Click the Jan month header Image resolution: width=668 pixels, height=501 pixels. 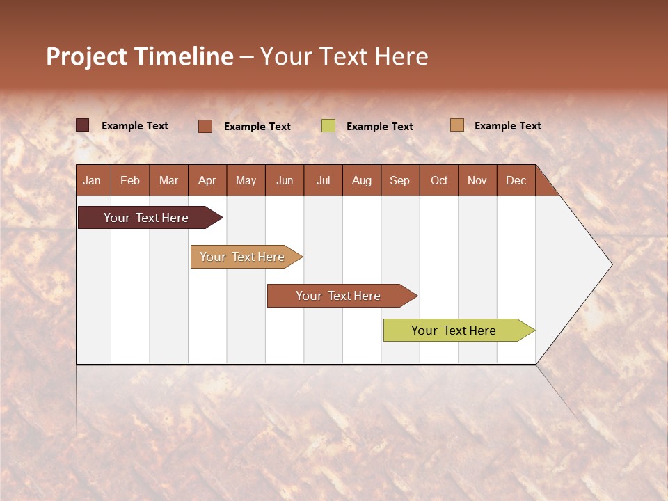click(93, 181)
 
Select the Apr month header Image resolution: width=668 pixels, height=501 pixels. click(207, 181)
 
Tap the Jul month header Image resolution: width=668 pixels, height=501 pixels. click(324, 181)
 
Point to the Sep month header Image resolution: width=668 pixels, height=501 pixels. click(400, 181)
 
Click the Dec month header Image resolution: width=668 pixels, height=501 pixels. click(516, 181)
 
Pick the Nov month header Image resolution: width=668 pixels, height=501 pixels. click(477, 181)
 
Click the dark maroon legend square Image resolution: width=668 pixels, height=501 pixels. click(83, 125)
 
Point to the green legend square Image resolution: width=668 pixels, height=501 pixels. click(328, 126)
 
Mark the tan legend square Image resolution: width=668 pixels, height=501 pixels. click(457, 125)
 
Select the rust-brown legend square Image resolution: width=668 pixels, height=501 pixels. click(205, 126)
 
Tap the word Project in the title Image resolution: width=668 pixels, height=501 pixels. click(87, 56)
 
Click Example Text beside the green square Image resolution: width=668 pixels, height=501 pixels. click(379, 127)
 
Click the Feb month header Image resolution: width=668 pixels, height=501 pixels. click(130, 181)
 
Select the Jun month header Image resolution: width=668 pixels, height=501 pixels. click(285, 181)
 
